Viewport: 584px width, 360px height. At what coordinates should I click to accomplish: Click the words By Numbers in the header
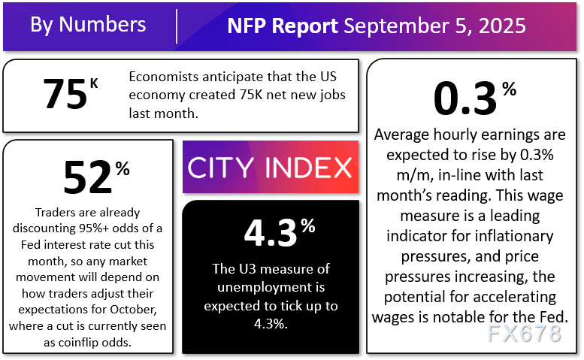click(x=87, y=24)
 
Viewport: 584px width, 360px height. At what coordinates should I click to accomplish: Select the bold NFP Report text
click(x=283, y=26)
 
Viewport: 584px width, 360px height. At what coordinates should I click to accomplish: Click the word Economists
click(x=161, y=77)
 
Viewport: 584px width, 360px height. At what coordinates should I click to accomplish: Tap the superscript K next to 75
click(x=94, y=81)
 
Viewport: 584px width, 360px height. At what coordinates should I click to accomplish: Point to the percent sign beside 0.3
click(x=509, y=89)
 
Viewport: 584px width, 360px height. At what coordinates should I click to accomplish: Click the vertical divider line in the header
click(x=177, y=26)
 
